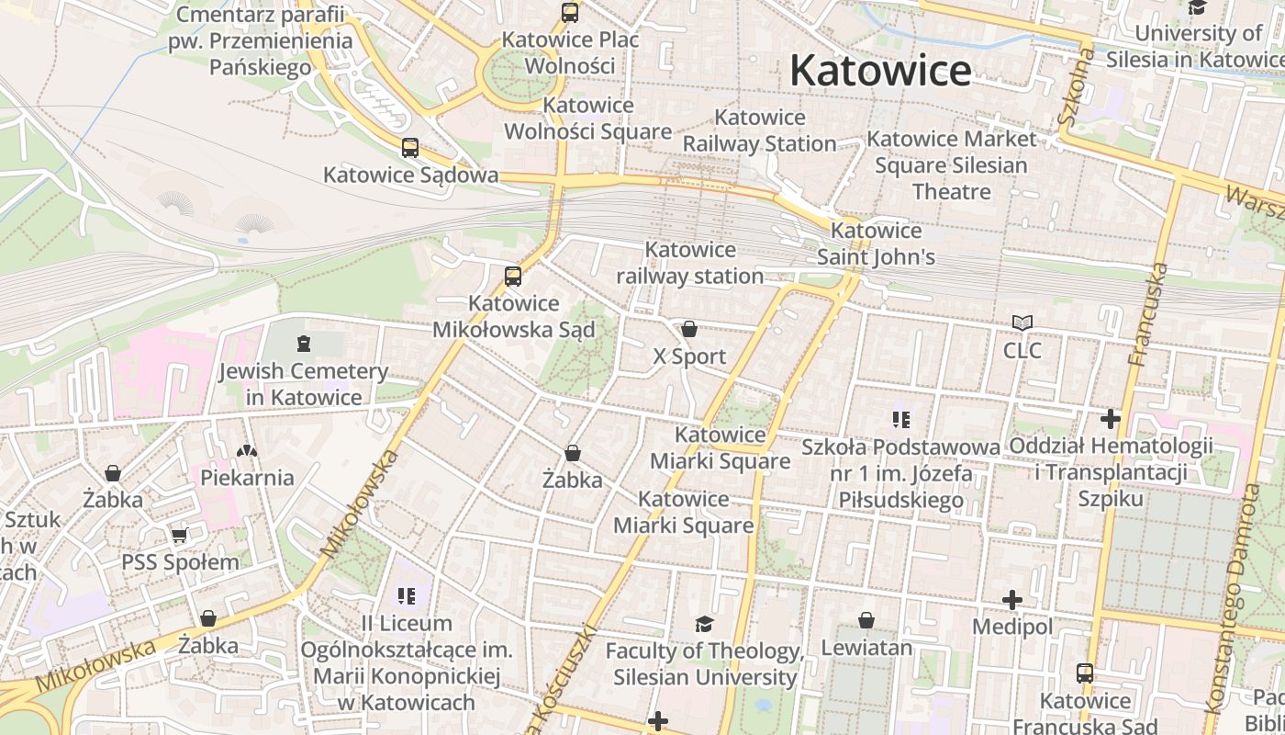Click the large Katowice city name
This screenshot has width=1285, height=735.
880,71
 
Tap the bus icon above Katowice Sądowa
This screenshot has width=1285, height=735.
410,147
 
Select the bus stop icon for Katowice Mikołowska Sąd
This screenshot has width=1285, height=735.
513,276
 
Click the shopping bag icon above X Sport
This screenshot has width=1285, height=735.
689,329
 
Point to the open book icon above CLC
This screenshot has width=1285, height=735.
1022,323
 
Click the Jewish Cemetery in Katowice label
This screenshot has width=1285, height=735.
303,385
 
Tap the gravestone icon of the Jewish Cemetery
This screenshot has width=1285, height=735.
304,344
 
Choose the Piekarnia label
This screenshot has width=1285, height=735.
247,478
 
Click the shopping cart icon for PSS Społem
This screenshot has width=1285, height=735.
180,535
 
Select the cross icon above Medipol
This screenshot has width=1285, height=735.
1012,600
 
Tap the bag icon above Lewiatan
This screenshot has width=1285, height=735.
866,620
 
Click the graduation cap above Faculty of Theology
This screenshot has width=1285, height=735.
704,624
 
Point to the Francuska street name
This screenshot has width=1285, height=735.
1148,313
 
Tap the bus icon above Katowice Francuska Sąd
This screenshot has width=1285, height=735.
1085,673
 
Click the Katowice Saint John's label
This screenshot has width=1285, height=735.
876,243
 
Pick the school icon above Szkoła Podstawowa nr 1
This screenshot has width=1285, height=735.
900,420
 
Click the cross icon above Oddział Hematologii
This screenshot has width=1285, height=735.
1111,419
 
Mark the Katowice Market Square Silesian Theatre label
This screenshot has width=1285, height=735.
951,165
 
